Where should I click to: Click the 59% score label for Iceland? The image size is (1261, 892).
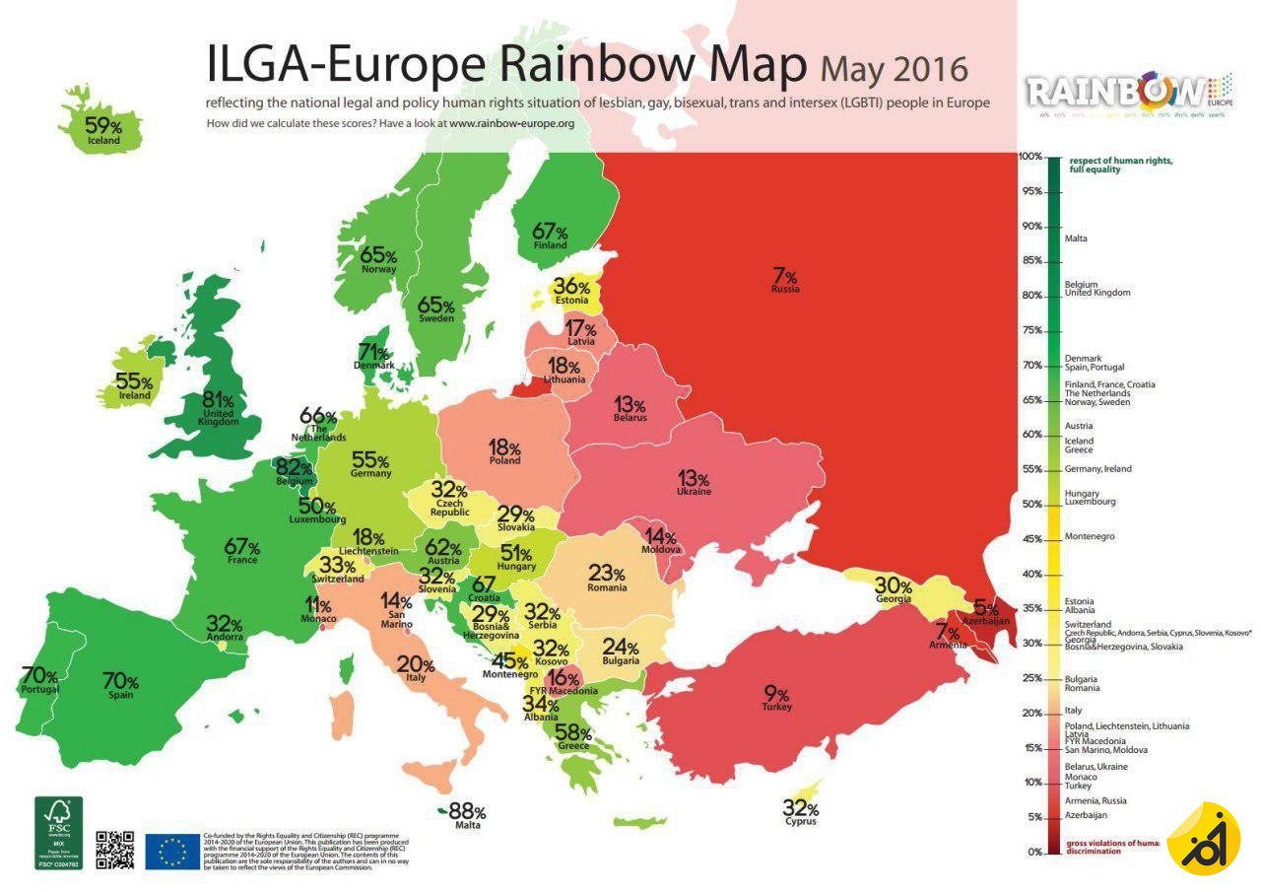102,125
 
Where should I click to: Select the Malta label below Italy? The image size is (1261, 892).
468,825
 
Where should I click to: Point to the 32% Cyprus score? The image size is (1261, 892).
801,808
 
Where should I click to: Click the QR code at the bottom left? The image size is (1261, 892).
114,850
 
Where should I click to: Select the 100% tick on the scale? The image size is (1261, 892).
1030,157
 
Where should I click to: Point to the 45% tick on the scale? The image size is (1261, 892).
1030,539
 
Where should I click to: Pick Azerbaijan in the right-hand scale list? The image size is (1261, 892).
1087,815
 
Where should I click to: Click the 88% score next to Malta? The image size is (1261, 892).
467,811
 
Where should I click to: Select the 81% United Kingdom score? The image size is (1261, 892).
218,400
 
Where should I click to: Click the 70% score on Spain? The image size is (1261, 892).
120,680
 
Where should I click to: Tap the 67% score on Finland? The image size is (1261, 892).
550,232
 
